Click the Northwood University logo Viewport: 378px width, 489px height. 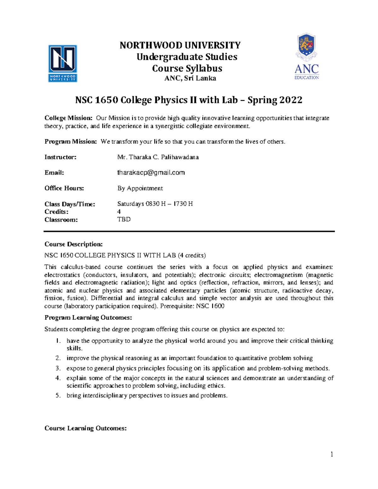point(62,63)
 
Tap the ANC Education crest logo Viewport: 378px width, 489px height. point(306,57)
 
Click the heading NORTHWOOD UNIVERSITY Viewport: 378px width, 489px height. point(180,45)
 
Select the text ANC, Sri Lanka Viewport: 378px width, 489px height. point(190,78)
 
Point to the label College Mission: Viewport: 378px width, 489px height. point(68,118)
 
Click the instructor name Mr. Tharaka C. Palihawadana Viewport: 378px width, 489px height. point(158,157)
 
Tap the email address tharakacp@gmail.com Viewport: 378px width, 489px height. point(151,173)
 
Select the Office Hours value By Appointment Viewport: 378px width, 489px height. point(140,188)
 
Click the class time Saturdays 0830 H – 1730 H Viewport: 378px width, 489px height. point(155,204)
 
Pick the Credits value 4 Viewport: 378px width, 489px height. point(119,212)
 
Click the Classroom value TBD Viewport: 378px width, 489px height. point(124,219)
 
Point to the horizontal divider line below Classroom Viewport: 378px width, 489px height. point(189,231)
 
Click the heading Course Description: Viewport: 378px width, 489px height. point(73,244)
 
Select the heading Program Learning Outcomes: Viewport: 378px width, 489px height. point(88,318)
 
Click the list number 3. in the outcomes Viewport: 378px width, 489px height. point(58,368)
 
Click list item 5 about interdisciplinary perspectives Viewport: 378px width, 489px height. point(147,395)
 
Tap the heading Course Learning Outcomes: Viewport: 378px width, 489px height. point(85,428)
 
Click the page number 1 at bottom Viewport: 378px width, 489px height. point(332,454)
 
